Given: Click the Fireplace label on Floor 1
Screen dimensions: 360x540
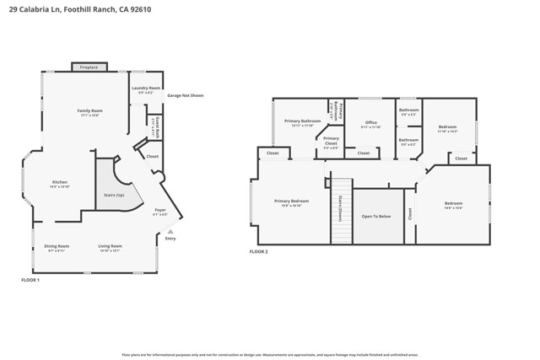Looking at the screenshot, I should [89, 67].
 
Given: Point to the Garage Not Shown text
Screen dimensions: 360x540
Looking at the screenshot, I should [185, 95].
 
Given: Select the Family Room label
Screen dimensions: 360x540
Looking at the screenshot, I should [89, 111].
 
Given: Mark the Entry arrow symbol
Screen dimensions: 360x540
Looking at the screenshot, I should [170, 231].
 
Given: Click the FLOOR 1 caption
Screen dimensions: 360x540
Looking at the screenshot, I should [30, 280].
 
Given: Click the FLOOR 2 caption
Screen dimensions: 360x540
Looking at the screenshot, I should [258, 251].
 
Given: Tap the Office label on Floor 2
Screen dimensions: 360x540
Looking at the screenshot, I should [371, 123].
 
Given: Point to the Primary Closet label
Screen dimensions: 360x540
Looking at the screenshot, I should [331, 140].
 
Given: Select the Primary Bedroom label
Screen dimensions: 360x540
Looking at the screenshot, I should [291, 201].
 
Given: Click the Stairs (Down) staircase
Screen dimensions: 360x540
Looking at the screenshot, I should [341, 211].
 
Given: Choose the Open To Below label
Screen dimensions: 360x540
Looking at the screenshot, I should [377, 216].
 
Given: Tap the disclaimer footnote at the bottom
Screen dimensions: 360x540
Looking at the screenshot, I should [270, 355].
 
